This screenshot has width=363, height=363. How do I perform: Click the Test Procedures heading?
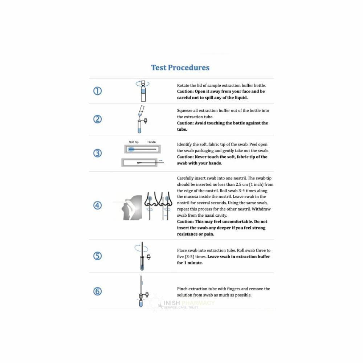point(180,68)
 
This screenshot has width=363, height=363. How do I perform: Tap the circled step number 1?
point(97,91)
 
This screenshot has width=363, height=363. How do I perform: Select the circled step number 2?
point(97,119)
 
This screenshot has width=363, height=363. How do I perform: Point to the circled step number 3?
point(97,153)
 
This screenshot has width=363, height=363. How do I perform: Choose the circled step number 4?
point(97,205)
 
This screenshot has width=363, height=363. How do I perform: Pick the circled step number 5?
point(97,256)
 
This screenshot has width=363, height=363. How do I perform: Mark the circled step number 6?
point(97,291)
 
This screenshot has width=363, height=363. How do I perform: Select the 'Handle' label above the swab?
point(152,142)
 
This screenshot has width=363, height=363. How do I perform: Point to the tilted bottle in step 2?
point(141,110)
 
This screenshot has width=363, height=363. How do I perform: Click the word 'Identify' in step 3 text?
point(185,144)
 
